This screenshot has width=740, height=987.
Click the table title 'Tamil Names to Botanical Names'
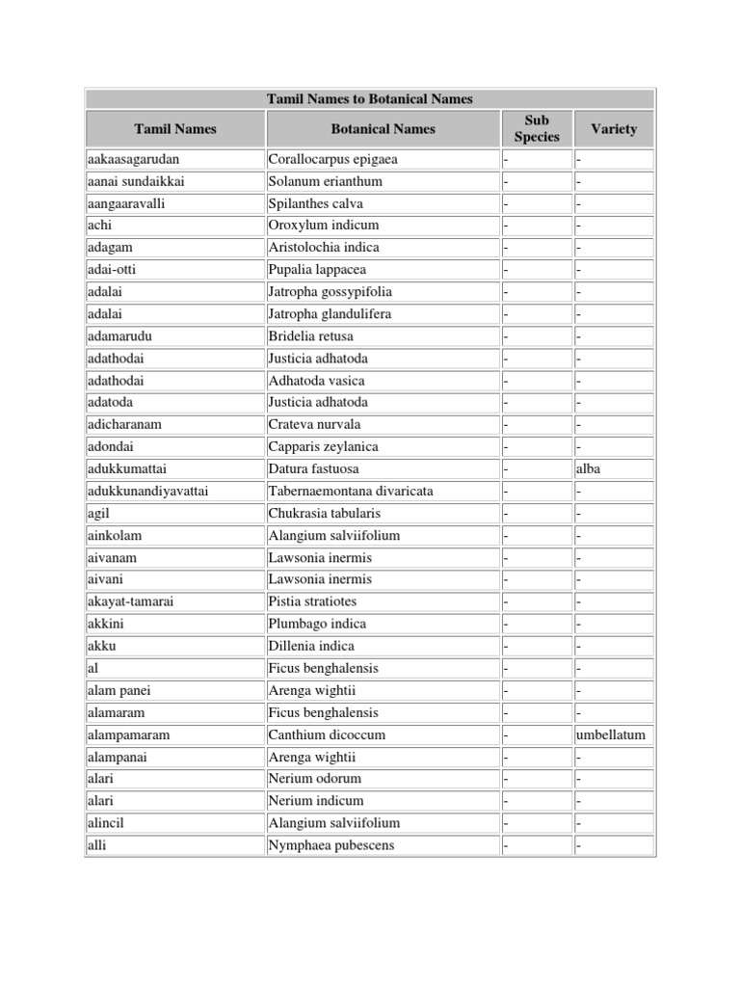tap(369, 98)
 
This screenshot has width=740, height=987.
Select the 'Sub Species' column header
tap(537, 128)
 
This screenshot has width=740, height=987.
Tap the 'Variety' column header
tap(614, 128)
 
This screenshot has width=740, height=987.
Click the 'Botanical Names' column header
tap(383, 128)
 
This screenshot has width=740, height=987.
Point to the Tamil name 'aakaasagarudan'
tap(133, 159)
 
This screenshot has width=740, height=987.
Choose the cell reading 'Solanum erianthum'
tap(326, 181)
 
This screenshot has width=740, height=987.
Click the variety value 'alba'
tap(591, 468)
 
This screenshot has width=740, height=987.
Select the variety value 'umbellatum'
tap(611, 734)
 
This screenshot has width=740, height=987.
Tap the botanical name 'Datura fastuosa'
tap(314, 468)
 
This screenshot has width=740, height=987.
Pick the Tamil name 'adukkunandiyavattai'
tap(146, 491)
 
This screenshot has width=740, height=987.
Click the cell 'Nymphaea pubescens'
tap(331, 845)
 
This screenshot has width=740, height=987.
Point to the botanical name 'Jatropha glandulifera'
tap(330, 313)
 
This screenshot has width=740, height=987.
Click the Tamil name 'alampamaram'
tap(127, 734)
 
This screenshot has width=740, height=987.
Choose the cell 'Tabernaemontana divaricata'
tap(351, 491)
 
